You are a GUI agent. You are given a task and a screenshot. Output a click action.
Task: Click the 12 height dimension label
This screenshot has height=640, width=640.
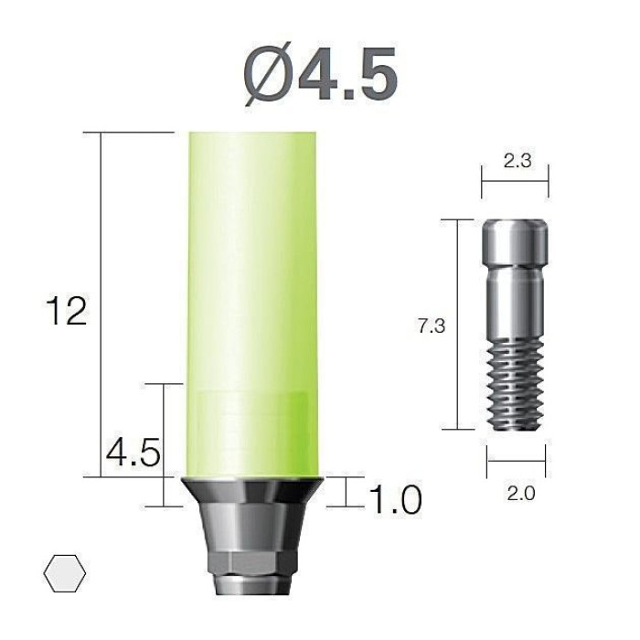coord(67,311)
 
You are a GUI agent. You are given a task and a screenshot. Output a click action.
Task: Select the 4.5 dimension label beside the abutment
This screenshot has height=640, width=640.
coord(133,453)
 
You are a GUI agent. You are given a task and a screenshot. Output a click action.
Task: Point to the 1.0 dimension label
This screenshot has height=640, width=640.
coord(395,499)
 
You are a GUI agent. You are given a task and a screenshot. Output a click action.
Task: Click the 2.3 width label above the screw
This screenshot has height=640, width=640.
coord(517,160)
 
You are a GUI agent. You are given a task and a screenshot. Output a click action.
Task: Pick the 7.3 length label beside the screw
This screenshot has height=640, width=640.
coord(432,326)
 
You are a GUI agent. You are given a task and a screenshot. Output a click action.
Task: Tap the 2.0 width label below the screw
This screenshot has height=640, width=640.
coord(521,494)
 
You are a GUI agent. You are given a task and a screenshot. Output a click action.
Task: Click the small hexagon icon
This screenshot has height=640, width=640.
coord(65,573)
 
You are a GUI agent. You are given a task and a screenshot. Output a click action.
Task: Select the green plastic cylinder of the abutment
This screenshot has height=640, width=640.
coord(251,304)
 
